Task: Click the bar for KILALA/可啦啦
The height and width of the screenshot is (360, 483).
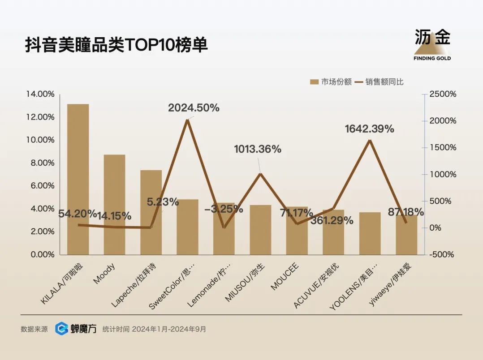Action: click(78, 179)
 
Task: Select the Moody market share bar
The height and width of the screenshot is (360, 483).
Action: click(115, 204)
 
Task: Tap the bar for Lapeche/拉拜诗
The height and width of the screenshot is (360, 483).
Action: click(151, 212)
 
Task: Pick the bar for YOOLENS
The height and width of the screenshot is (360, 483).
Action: click(370, 233)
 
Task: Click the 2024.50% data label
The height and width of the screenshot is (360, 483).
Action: click(194, 108)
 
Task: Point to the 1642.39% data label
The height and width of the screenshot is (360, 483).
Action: click(369, 129)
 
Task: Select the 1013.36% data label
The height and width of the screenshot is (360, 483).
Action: click(258, 149)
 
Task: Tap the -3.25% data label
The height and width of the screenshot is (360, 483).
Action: click(224, 209)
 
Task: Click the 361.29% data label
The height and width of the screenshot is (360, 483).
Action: click(338, 220)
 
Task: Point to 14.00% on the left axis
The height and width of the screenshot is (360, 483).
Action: click(40, 94)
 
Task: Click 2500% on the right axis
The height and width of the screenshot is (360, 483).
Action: click(443, 94)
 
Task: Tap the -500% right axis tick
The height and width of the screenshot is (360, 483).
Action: click(441, 254)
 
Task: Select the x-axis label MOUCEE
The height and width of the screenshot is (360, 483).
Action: click(285, 278)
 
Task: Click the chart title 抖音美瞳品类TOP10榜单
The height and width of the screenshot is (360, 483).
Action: click(116, 45)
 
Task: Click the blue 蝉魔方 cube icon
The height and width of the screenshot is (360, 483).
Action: click(62, 329)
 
